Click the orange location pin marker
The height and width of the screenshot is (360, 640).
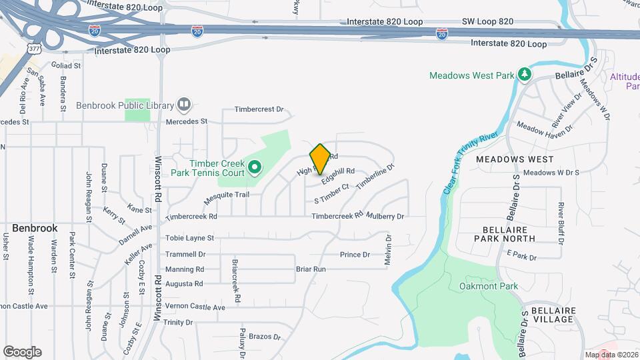pos(320,158)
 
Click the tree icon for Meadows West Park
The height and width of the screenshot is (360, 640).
pos(525,75)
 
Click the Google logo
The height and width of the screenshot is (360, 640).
pos(22,351)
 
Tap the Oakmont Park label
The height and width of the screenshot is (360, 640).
pos(489,287)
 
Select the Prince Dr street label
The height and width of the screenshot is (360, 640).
pos(355,255)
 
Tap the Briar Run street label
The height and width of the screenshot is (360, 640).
pos(311,269)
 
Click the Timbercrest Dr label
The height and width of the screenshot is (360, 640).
pos(259,109)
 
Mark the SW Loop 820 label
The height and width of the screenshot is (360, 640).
pos(487,21)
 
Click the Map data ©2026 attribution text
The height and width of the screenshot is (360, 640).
pos(611,355)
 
